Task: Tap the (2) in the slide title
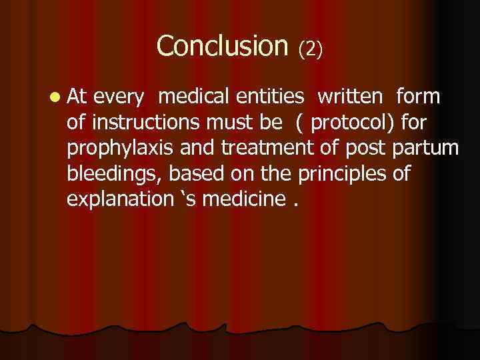pos(311,48)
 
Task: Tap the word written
pos(350,97)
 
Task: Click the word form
pos(418,97)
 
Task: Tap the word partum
pos(429,149)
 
